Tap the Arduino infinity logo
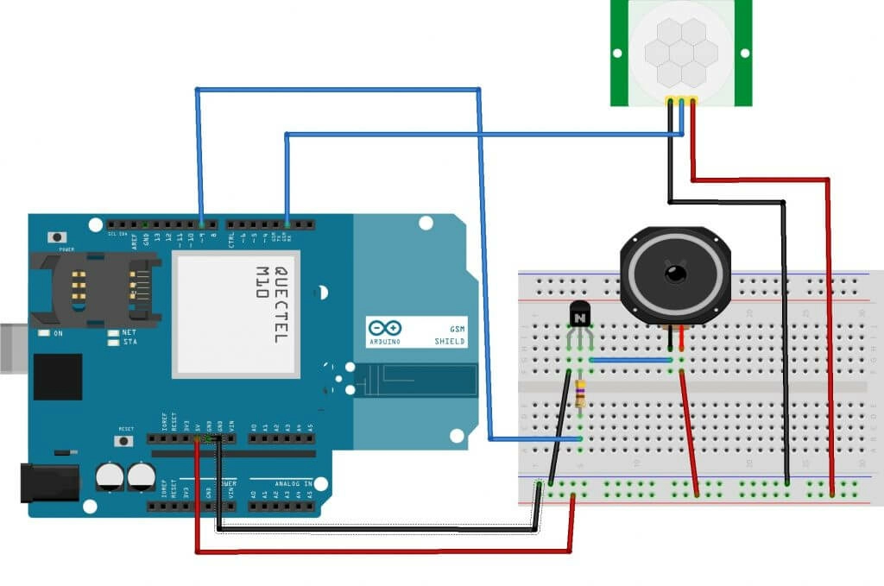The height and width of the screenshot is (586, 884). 384,329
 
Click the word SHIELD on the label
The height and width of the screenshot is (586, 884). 450,342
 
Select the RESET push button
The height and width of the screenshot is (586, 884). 126,439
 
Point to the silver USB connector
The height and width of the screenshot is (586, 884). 10,347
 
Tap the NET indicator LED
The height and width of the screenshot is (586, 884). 113,332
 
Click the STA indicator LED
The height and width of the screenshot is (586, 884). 113,342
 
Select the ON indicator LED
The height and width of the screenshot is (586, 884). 42,332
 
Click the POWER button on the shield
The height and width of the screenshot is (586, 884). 59,237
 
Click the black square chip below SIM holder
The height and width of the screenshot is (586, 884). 58,377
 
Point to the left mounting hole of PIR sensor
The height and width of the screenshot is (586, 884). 617,54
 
